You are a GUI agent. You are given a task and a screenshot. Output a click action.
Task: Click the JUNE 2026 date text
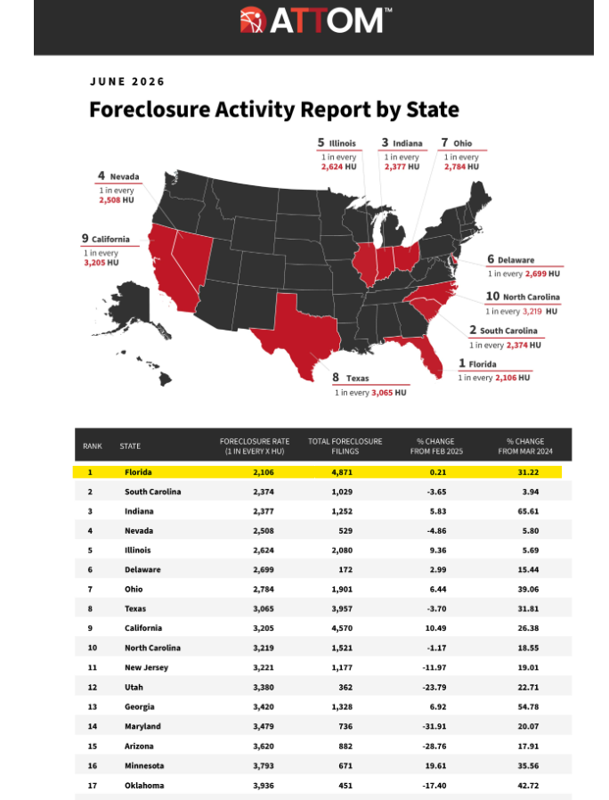[127, 82]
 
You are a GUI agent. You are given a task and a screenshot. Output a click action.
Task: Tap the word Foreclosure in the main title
[150, 110]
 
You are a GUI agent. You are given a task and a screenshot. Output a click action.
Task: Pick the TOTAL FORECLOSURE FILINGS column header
[345, 446]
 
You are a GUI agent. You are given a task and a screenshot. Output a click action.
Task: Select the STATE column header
[130, 446]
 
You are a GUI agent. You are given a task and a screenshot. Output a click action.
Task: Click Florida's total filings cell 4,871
[342, 472]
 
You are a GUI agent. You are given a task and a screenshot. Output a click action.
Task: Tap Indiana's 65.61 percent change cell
[528, 511]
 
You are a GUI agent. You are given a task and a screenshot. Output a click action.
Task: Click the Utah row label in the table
[134, 687]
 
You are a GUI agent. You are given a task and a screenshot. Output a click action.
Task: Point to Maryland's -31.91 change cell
[434, 727]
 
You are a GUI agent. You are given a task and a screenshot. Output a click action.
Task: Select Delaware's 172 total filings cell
[345, 570]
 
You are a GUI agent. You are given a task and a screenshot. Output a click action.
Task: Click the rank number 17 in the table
[93, 786]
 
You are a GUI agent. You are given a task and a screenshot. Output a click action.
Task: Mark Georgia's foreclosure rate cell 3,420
[264, 707]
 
